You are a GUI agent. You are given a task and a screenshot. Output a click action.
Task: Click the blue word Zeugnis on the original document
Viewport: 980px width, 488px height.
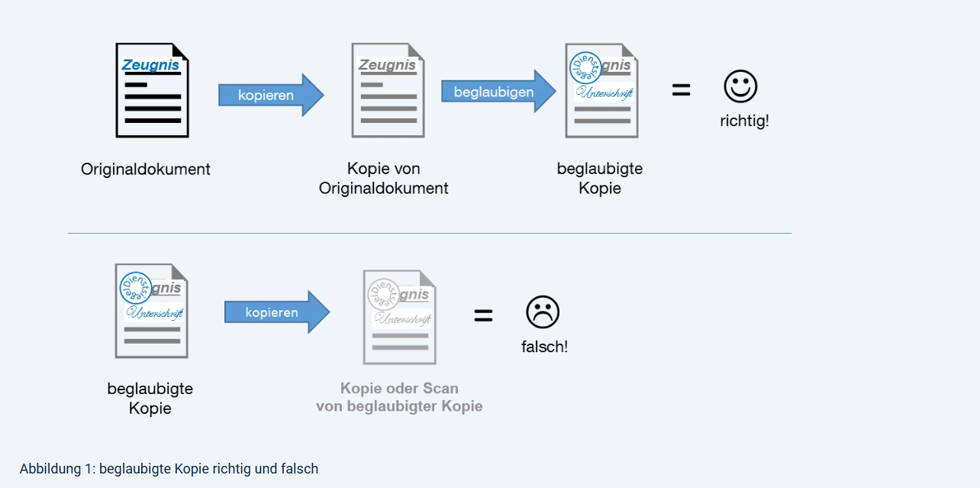pos(150,65)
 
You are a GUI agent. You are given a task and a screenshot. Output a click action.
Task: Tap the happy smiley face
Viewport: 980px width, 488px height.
pos(740,87)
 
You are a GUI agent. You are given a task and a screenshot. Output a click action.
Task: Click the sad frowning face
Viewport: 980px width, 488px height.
pos(543,312)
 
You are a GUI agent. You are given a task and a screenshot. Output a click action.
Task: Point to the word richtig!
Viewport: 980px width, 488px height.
pos(744,121)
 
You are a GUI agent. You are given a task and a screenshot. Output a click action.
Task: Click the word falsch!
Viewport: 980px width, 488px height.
pos(544,347)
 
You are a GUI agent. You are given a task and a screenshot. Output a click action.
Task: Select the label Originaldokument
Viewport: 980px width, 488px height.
pos(146,169)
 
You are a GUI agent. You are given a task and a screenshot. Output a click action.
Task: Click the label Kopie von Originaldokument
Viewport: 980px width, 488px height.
pos(384,178)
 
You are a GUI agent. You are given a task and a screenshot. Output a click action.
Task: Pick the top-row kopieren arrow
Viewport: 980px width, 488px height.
pos(270,95)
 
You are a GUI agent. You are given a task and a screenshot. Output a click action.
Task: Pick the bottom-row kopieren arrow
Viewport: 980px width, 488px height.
pos(276,312)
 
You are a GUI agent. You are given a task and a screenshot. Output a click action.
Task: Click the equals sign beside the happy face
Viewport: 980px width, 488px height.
pos(681,90)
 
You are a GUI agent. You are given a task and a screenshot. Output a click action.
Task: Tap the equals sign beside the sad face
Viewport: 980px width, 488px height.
pos(483,315)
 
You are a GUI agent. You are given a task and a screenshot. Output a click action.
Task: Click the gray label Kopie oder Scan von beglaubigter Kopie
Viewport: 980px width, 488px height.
pos(399,397)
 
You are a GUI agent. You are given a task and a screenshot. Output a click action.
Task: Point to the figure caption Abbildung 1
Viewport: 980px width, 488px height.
pos(169,468)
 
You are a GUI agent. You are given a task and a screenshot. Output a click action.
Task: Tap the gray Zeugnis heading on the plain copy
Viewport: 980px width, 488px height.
pos(388,65)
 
